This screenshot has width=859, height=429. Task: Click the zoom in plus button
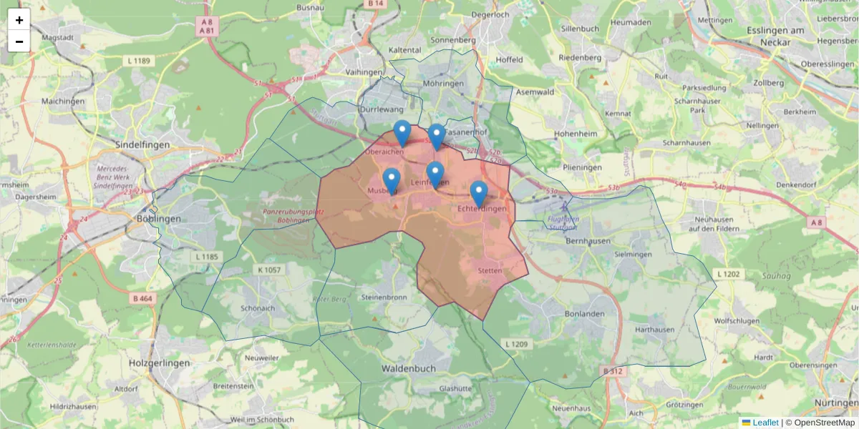pyautogui.click(x=19, y=20)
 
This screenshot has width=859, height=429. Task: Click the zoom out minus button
pyautogui.click(x=19, y=41)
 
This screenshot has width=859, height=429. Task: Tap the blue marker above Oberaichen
pyautogui.click(x=402, y=133)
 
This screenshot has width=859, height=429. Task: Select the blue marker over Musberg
pyautogui.click(x=391, y=180)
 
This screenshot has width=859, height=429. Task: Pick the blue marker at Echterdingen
pyautogui.click(x=479, y=193)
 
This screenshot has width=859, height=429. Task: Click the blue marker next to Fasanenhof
pyautogui.click(x=436, y=136)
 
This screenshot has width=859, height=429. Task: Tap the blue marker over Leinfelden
pyautogui.click(x=435, y=174)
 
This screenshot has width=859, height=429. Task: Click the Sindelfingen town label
pyautogui.click(x=142, y=144)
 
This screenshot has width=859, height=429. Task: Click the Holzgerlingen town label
pyautogui.click(x=160, y=363)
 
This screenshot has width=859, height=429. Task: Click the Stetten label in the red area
pyautogui.click(x=491, y=271)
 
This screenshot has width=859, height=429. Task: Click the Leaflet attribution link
pyautogui.click(x=765, y=423)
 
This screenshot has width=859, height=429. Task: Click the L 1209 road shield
pyautogui.click(x=516, y=345)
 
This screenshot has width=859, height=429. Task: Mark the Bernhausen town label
pyautogui.click(x=588, y=241)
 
